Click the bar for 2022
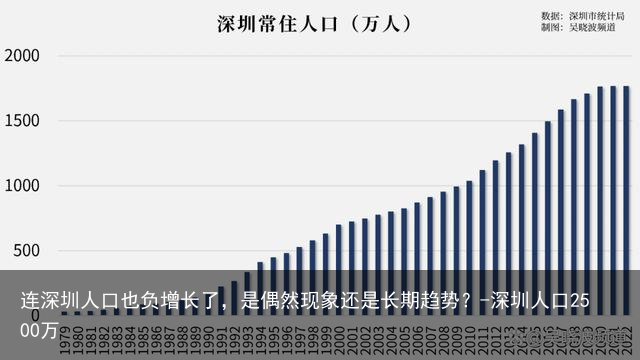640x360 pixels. point(626,200)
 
